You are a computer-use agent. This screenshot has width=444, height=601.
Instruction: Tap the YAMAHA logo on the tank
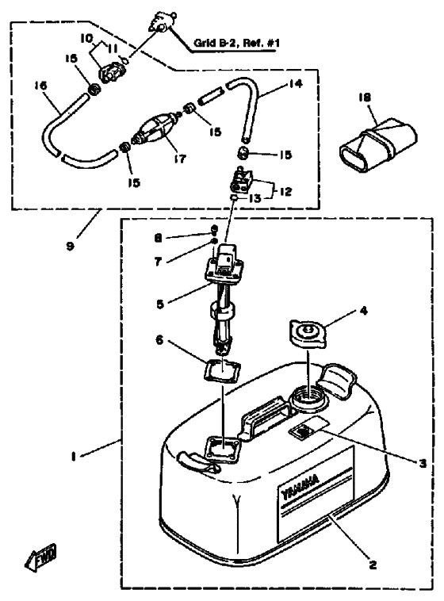(300, 488)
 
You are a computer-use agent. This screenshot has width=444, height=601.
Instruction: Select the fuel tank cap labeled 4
(308, 333)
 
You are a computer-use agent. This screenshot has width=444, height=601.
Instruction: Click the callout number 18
(365, 98)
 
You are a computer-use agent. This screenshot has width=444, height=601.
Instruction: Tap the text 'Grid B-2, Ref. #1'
(236, 43)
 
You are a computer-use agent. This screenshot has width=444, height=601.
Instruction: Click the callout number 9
(70, 246)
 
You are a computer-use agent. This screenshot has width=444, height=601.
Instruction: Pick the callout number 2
(373, 565)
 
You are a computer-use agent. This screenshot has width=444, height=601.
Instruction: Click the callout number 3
(423, 463)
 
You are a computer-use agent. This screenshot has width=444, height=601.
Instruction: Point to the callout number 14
(296, 83)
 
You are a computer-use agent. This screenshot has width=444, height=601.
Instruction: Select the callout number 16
(40, 85)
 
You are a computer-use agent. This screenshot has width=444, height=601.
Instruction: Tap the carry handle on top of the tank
(266, 415)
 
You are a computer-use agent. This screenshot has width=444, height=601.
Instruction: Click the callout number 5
(160, 304)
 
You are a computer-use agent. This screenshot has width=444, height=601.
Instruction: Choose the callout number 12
(285, 191)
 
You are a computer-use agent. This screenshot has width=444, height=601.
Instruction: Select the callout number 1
(72, 457)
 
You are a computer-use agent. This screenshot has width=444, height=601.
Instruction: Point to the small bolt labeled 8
(214, 230)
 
